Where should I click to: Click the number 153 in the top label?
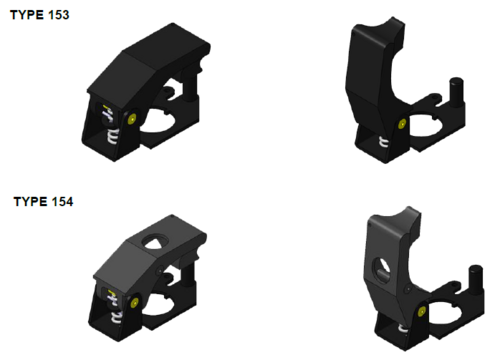[x=59, y=15]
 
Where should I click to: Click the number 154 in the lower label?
[x=62, y=202]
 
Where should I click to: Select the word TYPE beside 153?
[x=27, y=15]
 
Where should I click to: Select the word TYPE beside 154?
[x=30, y=202]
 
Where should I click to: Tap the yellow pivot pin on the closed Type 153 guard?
[x=132, y=119]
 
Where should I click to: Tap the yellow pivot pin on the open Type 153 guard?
[x=402, y=124]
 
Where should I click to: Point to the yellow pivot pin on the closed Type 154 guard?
[x=134, y=303]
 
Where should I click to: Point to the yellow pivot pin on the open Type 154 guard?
[x=421, y=312]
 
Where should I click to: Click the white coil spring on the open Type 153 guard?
[x=384, y=142]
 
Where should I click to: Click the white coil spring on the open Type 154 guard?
[x=403, y=329]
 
